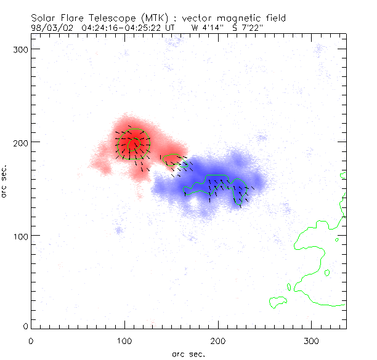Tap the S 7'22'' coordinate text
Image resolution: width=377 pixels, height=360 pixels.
pos(248,28)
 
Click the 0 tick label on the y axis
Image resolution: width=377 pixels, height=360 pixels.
pos(25,326)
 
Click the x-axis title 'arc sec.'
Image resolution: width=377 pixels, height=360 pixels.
pos(188,354)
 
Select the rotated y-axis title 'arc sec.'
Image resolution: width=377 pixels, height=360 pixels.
pos(5,181)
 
